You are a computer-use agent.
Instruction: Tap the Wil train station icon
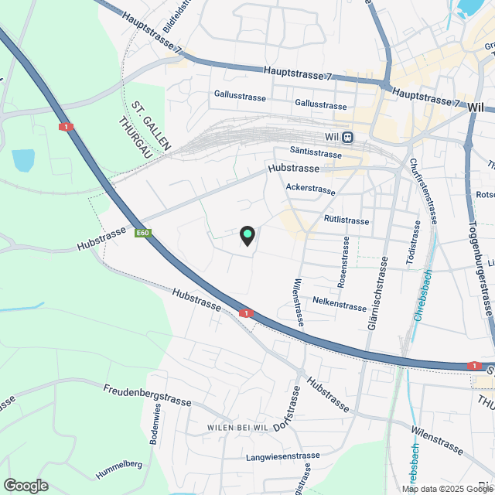348,138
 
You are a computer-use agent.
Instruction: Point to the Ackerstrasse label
310,189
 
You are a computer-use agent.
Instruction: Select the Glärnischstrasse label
381,292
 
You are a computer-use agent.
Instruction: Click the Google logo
26,485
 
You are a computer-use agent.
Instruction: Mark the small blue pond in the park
23,161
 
